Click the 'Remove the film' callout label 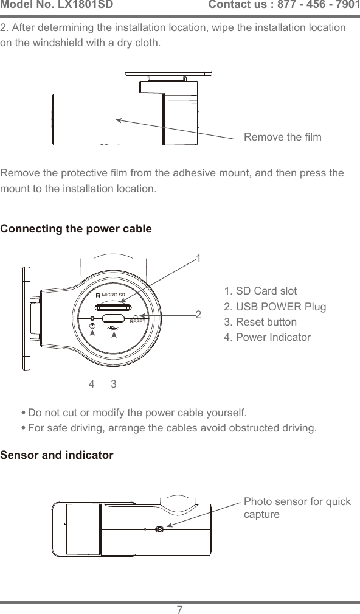282,137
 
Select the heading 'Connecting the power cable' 76,229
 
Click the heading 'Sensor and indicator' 57,455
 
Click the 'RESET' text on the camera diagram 137,321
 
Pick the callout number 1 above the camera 198,258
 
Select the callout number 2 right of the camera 198,315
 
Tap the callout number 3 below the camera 114,385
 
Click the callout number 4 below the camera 92,385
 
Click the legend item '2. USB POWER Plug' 275,306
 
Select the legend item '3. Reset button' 260,322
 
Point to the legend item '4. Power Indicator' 267,337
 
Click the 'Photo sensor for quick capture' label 297,508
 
